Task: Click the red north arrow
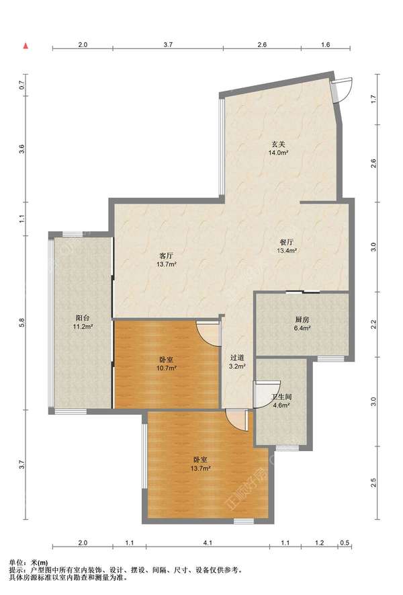[26, 46]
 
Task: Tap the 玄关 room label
[278, 144]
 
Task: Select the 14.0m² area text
[279, 153]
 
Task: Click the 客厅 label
[167, 255]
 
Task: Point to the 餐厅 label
[286, 242]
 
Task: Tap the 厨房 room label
[302, 319]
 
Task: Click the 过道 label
[237, 358]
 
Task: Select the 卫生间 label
[281, 397]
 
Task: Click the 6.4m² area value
[302, 328]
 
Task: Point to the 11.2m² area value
[83, 326]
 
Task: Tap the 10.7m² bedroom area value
[167, 368]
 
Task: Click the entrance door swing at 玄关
[343, 89]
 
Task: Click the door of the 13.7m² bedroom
[237, 420]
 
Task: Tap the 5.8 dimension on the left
[22, 322]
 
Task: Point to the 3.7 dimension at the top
[168, 44]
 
